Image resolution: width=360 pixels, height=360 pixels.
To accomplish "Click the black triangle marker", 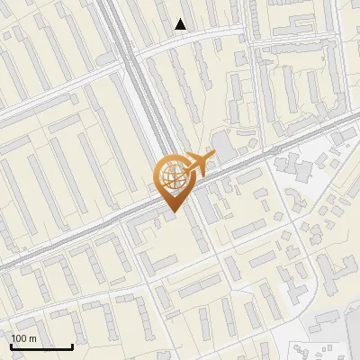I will [x=181, y=24].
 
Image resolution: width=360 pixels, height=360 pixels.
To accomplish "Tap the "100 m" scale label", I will [x=23, y=338].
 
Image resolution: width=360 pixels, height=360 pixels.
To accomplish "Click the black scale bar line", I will [x=42, y=346].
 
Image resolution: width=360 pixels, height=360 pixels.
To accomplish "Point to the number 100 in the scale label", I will [x=19, y=338].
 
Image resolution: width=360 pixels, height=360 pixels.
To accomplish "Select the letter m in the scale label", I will [x=32, y=338].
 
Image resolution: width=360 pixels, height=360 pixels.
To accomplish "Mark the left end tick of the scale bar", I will [x=12, y=344].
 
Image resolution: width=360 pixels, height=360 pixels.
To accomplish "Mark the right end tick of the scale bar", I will [x=73, y=344].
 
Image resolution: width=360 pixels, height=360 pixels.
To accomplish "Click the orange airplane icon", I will [x=195, y=165].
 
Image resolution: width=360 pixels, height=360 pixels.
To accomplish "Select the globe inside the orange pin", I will [x=171, y=178].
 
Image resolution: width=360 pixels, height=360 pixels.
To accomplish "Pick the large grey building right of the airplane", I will [x=224, y=145].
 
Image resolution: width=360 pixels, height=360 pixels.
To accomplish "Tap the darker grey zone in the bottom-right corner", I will [x=333, y=337].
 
